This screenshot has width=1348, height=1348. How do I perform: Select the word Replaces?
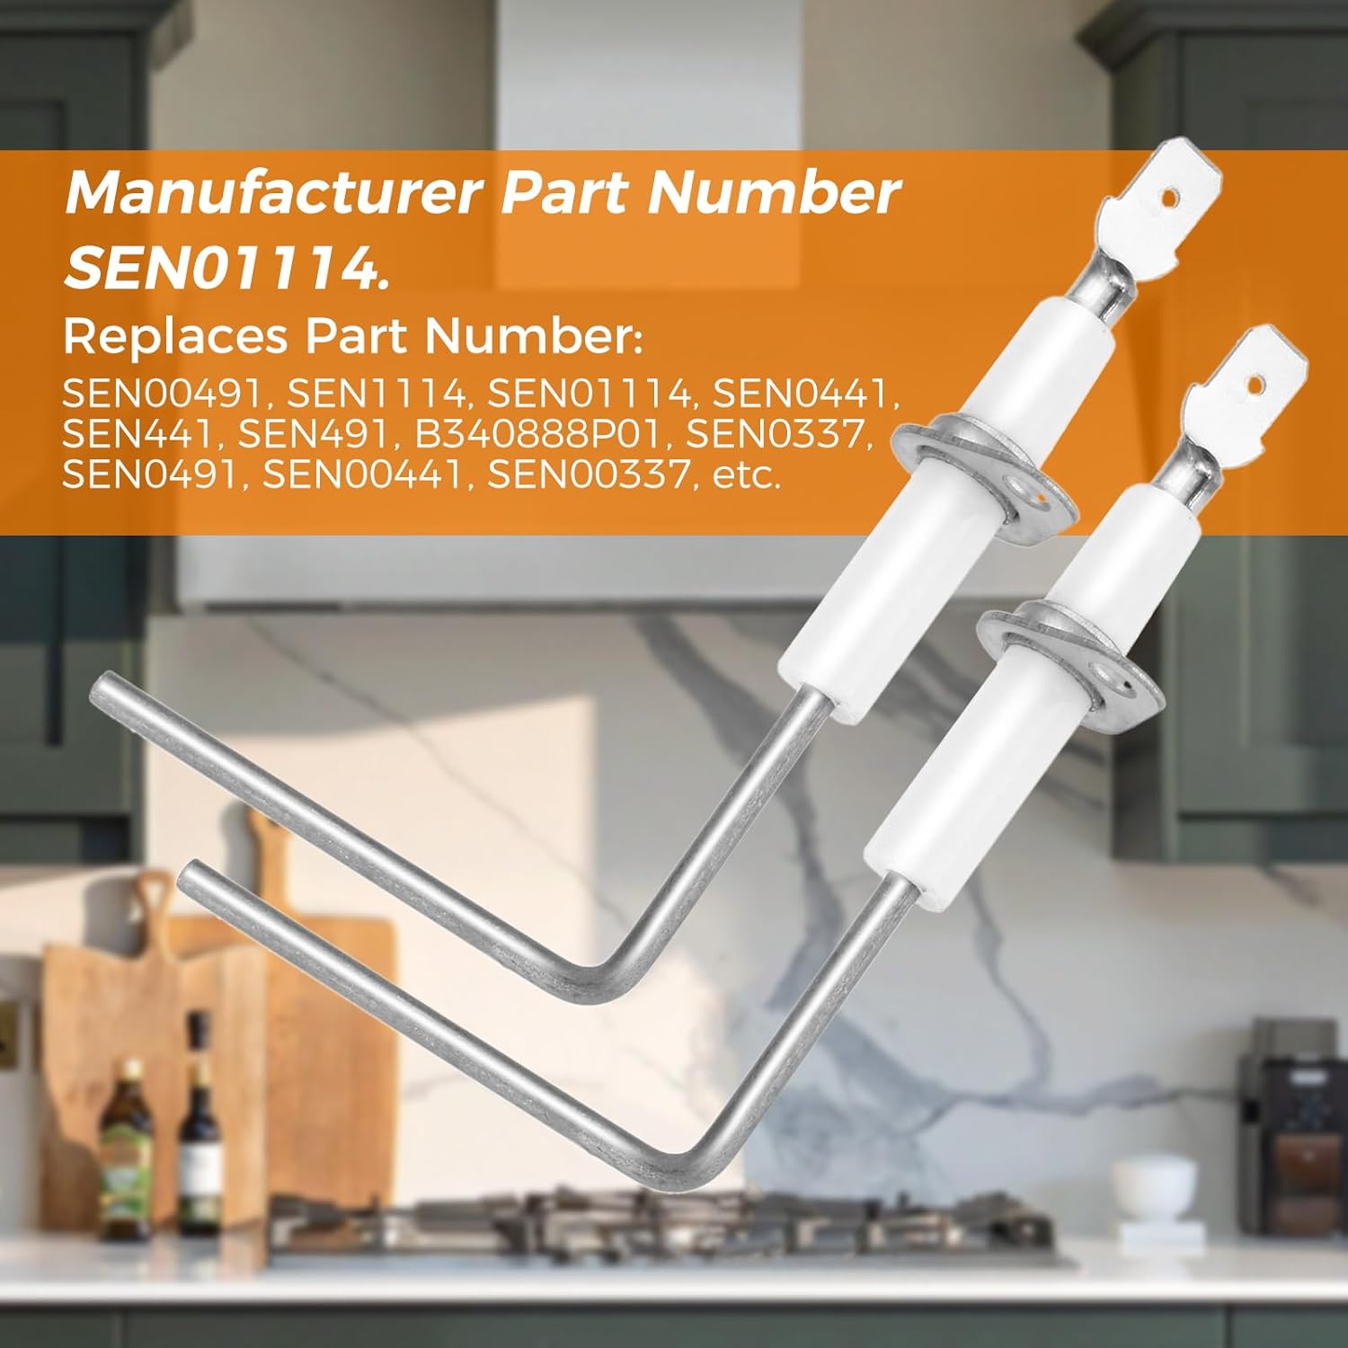coord(175,337)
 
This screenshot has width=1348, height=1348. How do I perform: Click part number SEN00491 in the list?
coord(162,394)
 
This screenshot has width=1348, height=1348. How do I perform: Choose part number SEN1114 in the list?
coord(377,394)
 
